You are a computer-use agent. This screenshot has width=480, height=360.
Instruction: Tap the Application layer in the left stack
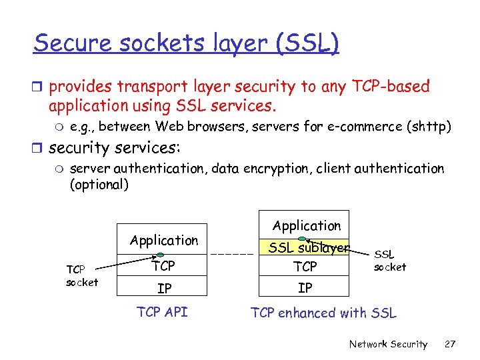tap(164, 240)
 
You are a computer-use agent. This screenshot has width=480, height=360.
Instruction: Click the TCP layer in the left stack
tap(163, 266)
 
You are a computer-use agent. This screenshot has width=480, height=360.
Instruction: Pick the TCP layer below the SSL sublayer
tap(305, 267)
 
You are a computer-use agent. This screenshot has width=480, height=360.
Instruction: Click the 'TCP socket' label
tap(81, 276)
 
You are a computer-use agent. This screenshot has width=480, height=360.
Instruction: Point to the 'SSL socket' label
tap(390, 261)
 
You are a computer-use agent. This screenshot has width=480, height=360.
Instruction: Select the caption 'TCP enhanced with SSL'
tap(323, 313)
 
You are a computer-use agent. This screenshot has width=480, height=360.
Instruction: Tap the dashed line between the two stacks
tap(233, 254)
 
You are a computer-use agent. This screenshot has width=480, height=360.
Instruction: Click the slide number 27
tap(450, 344)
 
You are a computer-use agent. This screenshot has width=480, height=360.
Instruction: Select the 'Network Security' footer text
tap(388, 344)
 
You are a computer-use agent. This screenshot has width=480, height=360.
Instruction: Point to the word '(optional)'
tap(99, 185)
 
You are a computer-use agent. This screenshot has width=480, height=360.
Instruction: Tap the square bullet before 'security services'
tap(39, 147)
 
